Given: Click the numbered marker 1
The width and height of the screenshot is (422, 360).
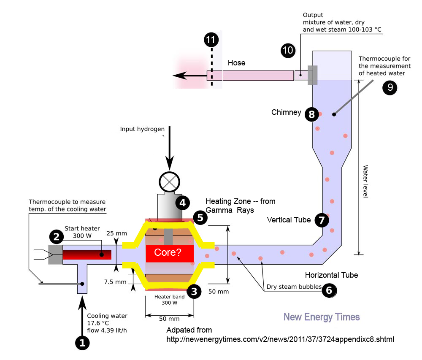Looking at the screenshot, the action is (82, 343).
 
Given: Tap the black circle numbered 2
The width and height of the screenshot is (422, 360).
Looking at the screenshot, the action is (56, 237).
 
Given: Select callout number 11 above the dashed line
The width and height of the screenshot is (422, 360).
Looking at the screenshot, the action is (211, 40).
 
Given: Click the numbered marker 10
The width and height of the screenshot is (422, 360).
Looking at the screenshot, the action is (288, 50).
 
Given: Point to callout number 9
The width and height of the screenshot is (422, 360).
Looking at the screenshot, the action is (390, 87).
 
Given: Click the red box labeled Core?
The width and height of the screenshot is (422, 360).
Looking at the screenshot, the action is (170, 253).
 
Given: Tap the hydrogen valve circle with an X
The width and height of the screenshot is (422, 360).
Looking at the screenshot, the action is (169, 182).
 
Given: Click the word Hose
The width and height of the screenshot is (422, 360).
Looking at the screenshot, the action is (237, 63).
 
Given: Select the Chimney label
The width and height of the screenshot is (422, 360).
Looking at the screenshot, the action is (286, 112).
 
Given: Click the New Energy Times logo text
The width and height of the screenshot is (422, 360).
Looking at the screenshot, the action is (322, 317).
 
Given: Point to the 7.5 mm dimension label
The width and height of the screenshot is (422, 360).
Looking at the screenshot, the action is (115, 282).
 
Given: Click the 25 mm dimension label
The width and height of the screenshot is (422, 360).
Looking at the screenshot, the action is (116, 233).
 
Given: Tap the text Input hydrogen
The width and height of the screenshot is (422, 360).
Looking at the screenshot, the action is (142, 129).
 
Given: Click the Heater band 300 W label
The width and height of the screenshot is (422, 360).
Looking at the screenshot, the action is (169, 300).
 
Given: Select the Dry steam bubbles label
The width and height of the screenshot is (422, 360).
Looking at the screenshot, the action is (294, 287).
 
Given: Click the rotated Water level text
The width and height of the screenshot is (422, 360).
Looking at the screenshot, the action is (365, 181).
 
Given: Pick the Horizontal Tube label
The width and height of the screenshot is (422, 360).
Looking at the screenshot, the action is (331, 275).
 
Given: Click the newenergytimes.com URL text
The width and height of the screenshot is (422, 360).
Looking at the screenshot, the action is (280, 339).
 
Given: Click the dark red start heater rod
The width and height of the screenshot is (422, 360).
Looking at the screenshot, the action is (87, 254).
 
